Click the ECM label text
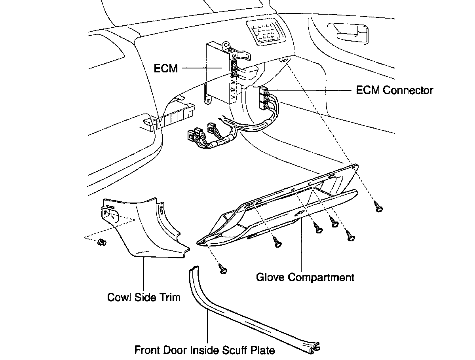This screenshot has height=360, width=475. (165, 68)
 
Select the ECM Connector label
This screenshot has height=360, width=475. (395, 90)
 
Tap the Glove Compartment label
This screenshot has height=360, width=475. (305, 277)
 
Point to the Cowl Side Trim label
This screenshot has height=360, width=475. (144, 297)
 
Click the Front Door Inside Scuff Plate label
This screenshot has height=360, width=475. (205, 350)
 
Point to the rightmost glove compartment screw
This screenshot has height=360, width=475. (379, 208)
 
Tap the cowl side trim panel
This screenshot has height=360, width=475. (146, 229)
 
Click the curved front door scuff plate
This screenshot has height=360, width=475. (237, 313)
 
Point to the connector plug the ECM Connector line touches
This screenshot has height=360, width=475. (263, 99)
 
